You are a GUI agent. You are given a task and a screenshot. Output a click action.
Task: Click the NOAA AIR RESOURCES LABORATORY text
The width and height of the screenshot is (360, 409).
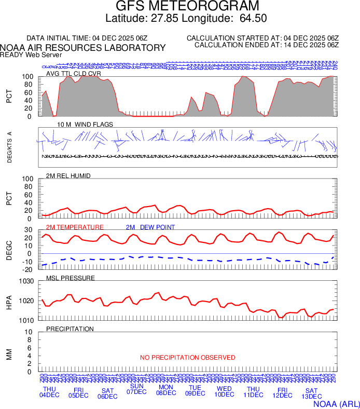tap(83, 48)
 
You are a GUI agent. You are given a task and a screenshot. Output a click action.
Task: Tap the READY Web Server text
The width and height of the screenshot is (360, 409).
tap(31, 54)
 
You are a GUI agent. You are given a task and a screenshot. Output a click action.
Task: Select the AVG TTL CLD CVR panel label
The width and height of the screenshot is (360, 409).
tap(73, 74)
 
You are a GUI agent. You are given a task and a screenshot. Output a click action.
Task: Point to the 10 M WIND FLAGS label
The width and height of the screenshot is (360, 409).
tap(78, 125)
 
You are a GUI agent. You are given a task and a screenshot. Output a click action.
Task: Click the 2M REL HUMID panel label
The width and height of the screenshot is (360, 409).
tap(68, 176)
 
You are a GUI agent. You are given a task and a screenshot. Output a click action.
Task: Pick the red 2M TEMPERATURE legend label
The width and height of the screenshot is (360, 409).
tap(75, 227)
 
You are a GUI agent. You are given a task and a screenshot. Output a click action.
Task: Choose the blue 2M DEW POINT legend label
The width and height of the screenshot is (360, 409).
tap(150, 227)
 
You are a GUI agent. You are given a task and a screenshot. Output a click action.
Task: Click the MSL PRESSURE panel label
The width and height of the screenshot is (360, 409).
tap(71, 278)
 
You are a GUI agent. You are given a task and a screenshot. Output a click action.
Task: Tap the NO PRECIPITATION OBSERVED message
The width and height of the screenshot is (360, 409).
tap(188, 358)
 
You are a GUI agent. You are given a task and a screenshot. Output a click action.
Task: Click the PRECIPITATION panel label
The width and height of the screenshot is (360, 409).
tap(70, 329)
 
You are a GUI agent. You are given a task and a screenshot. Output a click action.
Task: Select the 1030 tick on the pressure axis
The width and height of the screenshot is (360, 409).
tap(26, 282)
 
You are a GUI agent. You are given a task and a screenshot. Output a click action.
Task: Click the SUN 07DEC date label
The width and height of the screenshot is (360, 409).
tap(137, 389)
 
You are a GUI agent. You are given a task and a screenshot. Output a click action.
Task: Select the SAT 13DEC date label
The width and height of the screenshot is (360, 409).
tap(311, 393)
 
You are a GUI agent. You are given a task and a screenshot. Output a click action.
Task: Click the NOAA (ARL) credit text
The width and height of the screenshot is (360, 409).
tap(336, 403)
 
